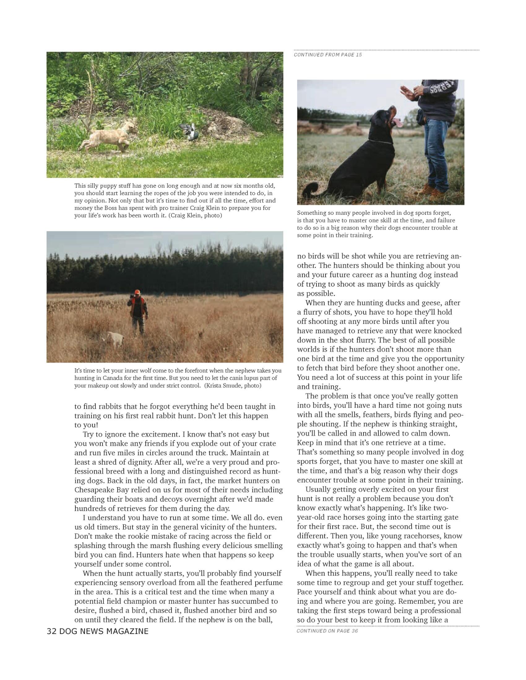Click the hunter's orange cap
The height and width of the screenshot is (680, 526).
[x=137, y=292]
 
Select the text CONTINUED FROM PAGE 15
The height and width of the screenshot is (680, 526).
[x=327, y=55]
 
